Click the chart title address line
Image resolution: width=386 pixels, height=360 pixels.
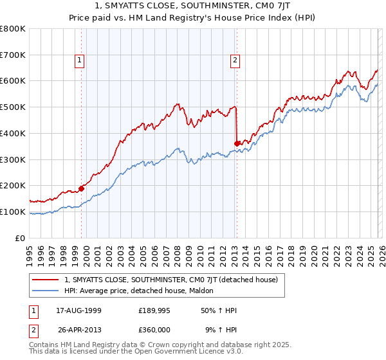coord(193,8)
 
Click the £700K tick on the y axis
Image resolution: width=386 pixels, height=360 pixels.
coord(13,55)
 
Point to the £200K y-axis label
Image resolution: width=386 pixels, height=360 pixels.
coord(13,185)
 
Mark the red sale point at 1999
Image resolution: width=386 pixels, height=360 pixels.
coord(82,188)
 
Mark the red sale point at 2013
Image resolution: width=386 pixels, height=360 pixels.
coord(237,143)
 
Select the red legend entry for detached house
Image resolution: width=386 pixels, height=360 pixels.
coord(170,280)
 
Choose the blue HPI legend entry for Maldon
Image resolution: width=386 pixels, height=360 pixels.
coord(142,291)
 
